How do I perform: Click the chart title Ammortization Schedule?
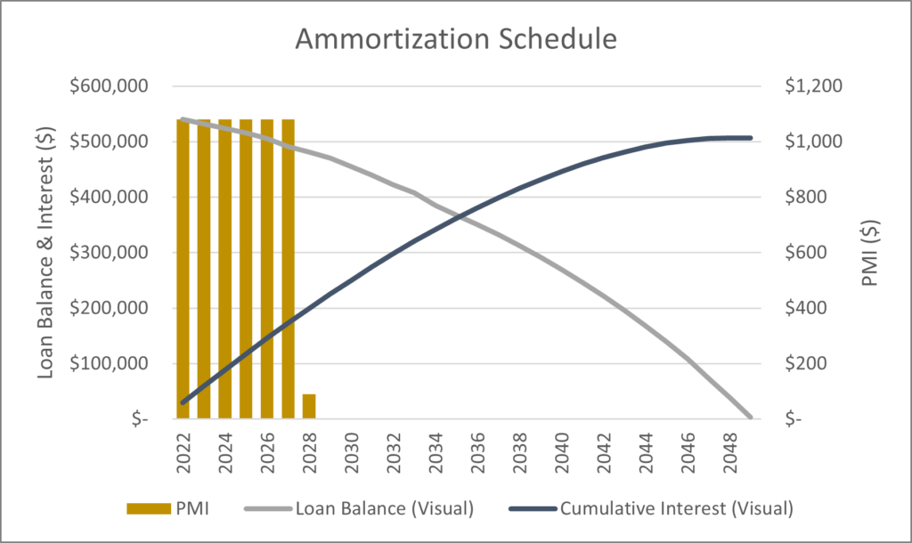[455, 40]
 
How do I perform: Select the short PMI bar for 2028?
[309, 406]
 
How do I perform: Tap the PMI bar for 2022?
[183, 268]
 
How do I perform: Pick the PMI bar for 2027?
[288, 268]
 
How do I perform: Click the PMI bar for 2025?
[246, 268]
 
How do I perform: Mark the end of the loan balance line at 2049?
[750, 417]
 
